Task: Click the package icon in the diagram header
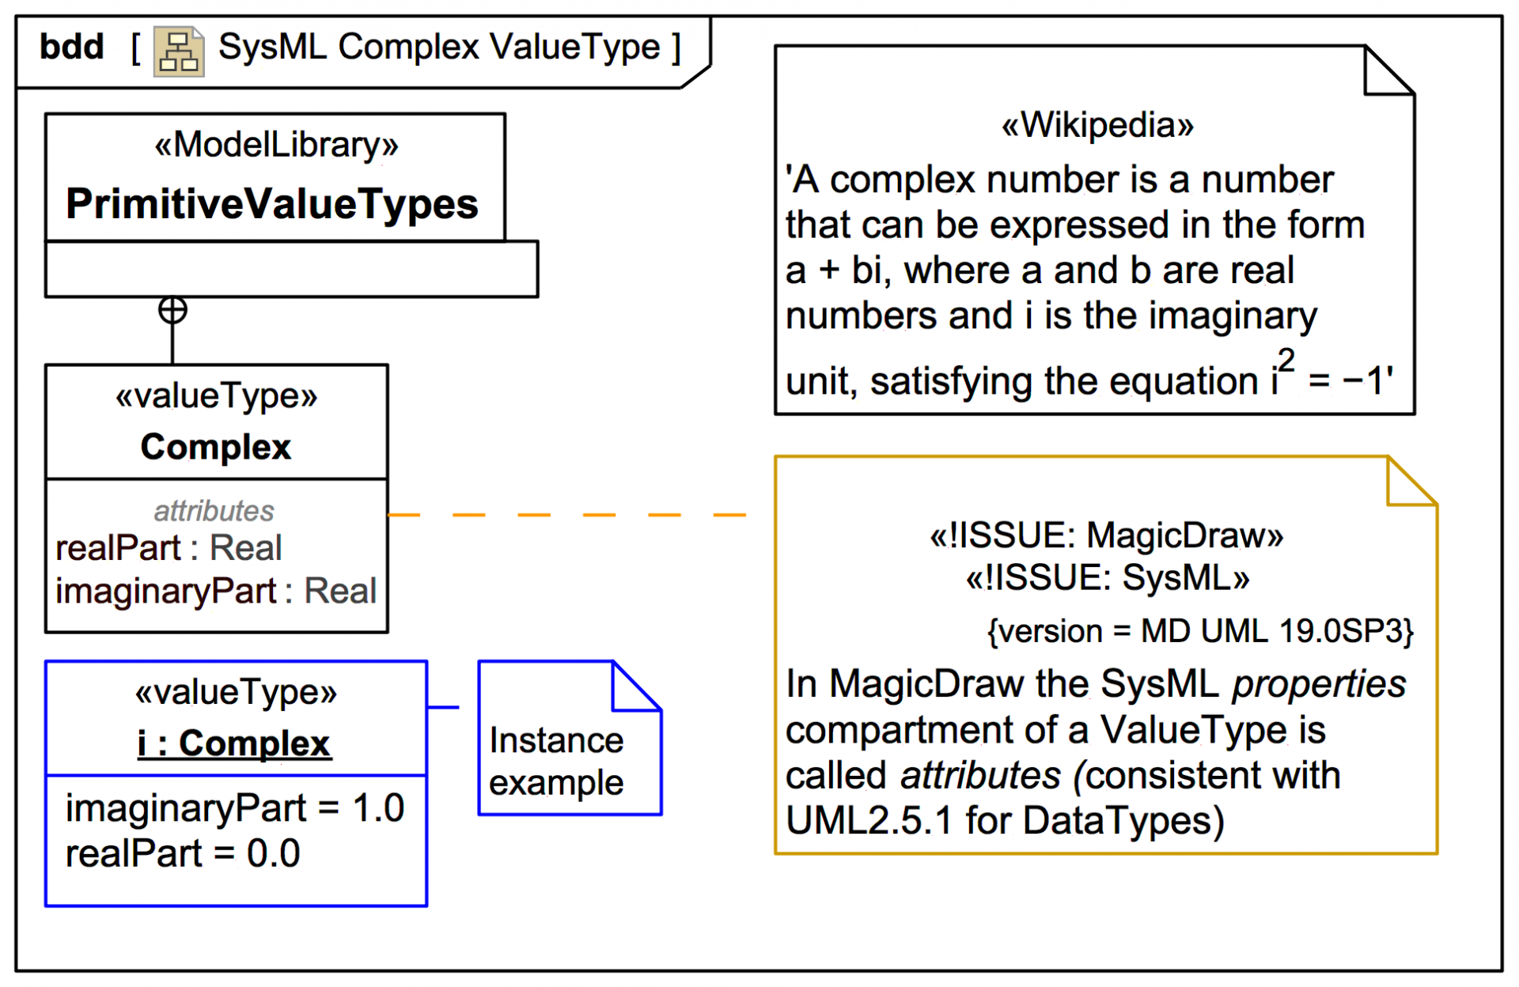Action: (179, 52)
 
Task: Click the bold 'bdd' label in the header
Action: (72, 47)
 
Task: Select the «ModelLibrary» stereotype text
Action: (276, 145)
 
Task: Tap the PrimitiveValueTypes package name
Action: (272, 204)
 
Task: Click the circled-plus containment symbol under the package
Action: (172, 310)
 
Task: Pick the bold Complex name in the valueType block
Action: (216, 447)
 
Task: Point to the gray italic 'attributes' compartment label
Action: (214, 511)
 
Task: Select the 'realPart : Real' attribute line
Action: (169, 548)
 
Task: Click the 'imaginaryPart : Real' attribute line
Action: (216, 591)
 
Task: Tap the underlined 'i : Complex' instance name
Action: (234, 743)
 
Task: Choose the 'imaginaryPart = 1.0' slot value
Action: (235, 808)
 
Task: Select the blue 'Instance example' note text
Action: (556, 762)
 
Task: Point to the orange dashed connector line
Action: (566, 515)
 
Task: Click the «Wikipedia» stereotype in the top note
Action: (1097, 125)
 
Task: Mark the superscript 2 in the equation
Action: (1286, 361)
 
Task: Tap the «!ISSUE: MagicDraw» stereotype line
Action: (1106, 535)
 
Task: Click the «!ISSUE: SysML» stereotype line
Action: (1107, 578)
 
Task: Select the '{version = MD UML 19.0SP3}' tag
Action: (1200, 631)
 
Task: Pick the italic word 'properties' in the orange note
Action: (1319, 684)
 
